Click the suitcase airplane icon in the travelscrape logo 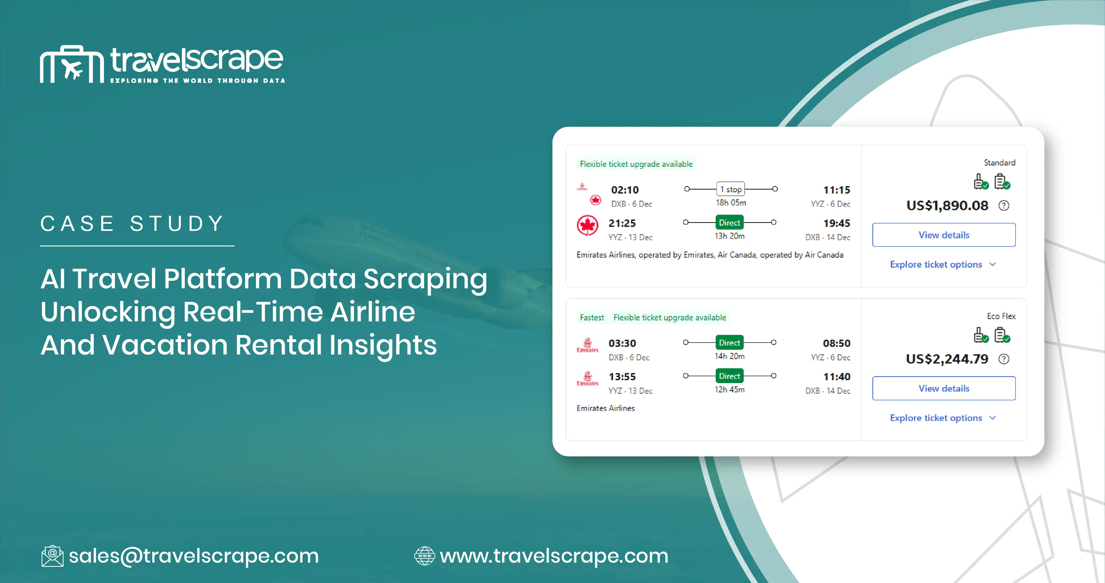[72, 64]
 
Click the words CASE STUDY [133, 223]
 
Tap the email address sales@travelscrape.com [194, 556]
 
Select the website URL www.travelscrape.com [554, 556]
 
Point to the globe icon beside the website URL [424, 556]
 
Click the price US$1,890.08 [947, 205]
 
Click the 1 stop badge [730, 189]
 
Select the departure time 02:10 [625, 190]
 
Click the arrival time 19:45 [836, 223]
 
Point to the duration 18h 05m [730, 203]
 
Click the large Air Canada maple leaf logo [587, 226]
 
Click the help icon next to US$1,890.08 [1004, 205]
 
